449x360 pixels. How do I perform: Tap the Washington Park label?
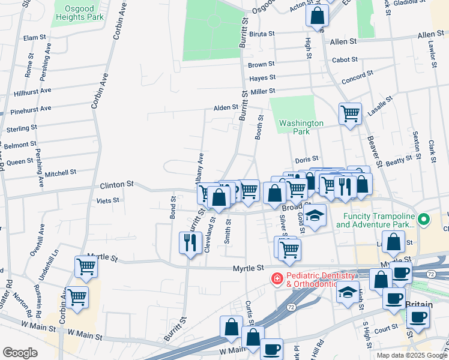[301, 127]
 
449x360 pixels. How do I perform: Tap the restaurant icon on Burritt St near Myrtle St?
[190, 243]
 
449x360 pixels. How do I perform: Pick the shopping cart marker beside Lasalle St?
[350, 113]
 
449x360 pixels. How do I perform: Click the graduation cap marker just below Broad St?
[315, 215]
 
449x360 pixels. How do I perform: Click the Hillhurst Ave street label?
[32, 92]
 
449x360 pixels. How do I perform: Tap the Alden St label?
[226, 108]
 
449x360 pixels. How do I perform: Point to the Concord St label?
[358, 80]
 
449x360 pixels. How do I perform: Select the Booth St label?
[259, 127]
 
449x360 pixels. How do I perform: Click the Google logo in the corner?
[20, 353]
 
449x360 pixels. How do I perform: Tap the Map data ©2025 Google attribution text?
[411, 355]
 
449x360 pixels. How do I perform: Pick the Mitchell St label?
[61, 172]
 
